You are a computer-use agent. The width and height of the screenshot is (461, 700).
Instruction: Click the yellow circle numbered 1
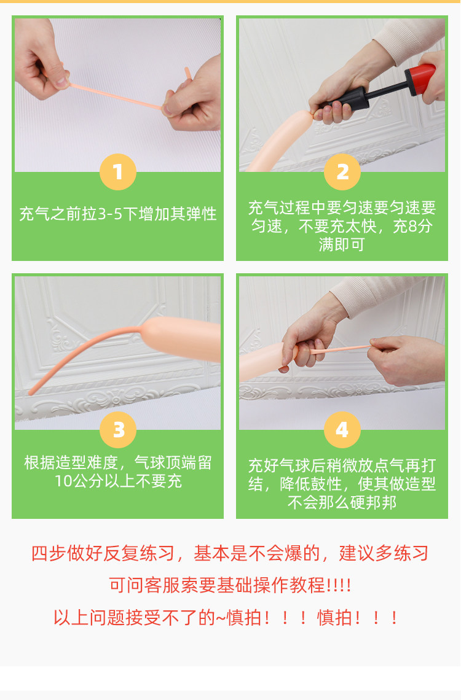click(x=118, y=172)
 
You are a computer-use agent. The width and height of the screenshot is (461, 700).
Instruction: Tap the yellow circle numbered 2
click(x=342, y=172)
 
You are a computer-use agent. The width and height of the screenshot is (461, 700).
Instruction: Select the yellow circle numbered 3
click(x=118, y=430)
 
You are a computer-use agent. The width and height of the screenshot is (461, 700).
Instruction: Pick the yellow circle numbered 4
click(x=342, y=430)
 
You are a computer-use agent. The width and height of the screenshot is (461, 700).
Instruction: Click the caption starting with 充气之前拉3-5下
click(x=118, y=214)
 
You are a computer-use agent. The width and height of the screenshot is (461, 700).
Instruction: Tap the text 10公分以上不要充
click(x=118, y=481)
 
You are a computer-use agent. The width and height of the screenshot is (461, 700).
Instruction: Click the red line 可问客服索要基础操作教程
click(x=230, y=585)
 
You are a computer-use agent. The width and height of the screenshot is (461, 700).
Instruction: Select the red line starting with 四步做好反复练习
click(x=230, y=553)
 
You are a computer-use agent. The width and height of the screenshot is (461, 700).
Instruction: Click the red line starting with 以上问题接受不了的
click(x=226, y=618)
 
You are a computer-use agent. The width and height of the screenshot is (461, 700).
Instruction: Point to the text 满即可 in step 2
click(x=342, y=244)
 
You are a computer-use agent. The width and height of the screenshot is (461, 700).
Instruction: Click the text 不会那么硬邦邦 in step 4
click(x=342, y=503)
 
